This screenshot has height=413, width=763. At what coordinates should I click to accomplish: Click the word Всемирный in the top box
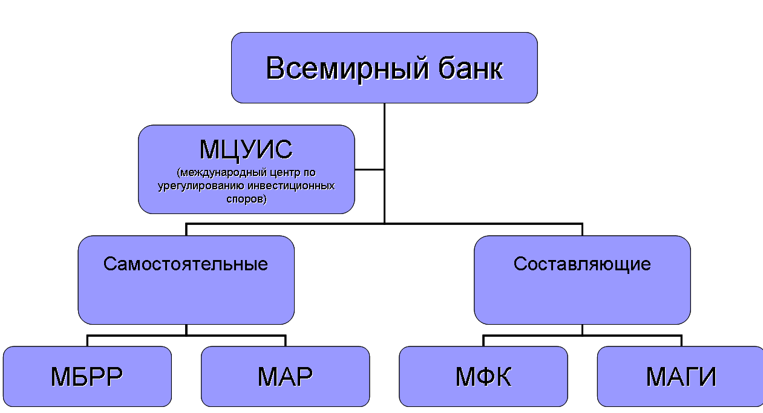[339, 68]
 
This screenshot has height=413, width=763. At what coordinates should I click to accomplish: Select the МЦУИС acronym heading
[246, 149]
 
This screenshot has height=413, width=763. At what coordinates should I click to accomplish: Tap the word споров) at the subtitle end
[246, 198]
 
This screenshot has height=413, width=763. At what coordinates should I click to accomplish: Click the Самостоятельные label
[186, 264]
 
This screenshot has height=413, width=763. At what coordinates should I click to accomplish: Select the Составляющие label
[582, 264]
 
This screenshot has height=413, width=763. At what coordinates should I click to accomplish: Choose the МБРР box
[87, 377]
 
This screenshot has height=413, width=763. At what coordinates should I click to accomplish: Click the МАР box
[285, 377]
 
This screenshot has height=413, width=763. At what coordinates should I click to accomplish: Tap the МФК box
[483, 377]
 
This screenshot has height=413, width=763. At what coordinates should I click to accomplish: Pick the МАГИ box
[681, 377]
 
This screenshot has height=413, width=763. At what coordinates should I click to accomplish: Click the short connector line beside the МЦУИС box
[369, 169]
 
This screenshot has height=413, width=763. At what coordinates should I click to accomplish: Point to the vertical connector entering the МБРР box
[87, 340]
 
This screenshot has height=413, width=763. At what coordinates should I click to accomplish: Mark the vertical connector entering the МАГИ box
[681, 340]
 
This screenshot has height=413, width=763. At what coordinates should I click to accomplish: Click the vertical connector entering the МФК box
[483, 340]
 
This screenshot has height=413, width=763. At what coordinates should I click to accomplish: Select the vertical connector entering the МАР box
[285, 340]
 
